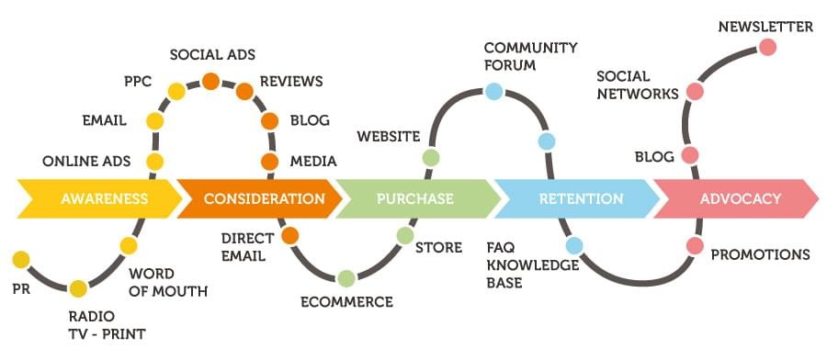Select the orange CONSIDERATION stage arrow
pos(263,198)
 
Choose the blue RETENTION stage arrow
pos(580,198)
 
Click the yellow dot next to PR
pos(20,259)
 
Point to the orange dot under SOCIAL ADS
pos(210,81)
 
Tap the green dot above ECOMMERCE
pos(346,277)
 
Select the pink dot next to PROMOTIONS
pos(695,245)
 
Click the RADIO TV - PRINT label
pos(107,325)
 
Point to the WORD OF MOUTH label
pos(167,283)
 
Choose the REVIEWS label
pos(291,82)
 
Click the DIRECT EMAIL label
pos(247,247)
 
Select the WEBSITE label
pos(388,137)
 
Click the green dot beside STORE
pos(405,236)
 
